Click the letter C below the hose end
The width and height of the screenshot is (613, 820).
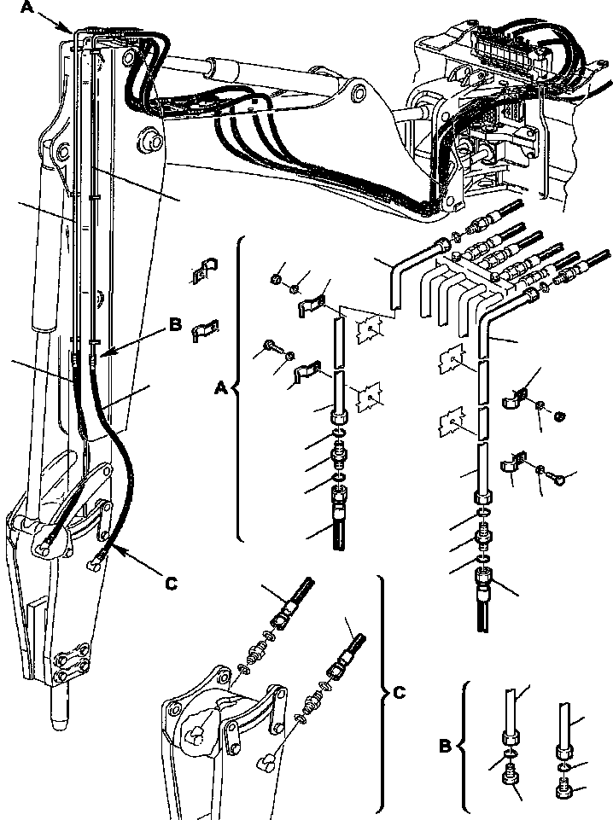click(171, 583)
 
